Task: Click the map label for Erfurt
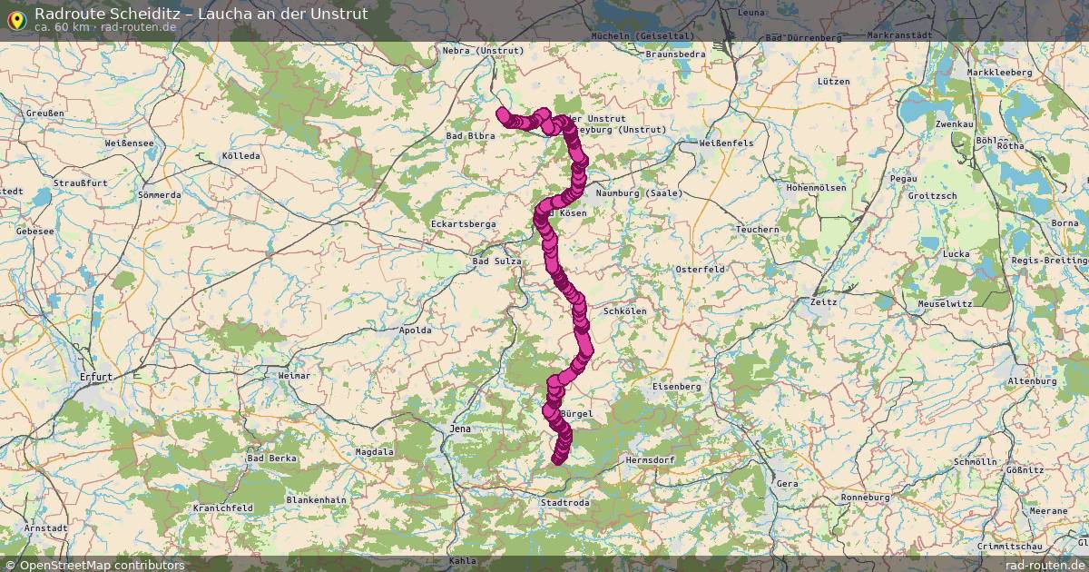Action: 95,376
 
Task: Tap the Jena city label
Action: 461,429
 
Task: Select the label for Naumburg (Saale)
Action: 639,193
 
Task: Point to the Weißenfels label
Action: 726,143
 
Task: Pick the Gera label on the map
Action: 786,484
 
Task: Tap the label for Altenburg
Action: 1031,381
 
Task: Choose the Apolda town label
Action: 415,330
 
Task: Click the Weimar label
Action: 294,375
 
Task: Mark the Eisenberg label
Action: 677,386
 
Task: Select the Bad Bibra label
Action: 470,136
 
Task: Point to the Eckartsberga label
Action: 463,223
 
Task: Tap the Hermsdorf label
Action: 650,460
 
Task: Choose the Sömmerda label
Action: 159,195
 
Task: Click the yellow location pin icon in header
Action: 15,20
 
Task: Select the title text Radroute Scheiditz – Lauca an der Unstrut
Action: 201,14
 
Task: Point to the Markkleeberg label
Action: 999,72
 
